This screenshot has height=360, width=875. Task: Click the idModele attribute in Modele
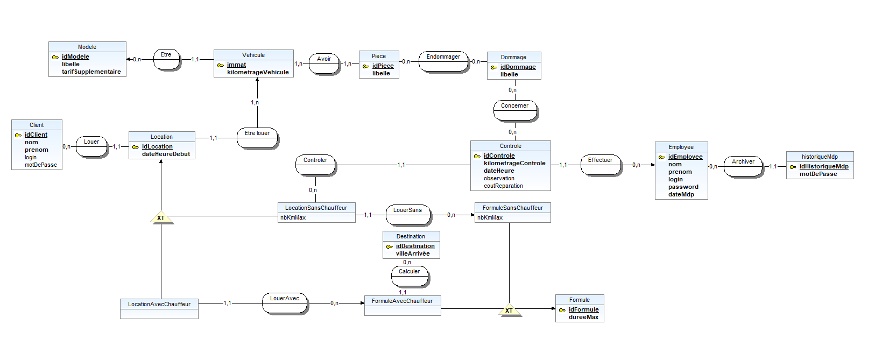[x=75, y=57]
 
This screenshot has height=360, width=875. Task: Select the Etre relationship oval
[x=167, y=59]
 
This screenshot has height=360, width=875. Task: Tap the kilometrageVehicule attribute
[x=258, y=72]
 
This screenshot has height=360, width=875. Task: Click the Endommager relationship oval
[x=444, y=62]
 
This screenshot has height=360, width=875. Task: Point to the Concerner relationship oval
[x=515, y=111]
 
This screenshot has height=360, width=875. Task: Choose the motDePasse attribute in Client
[x=40, y=165]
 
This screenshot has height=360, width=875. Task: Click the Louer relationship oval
[x=92, y=147]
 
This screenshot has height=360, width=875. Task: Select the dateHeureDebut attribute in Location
[x=166, y=154]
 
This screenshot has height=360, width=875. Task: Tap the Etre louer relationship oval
[x=258, y=138]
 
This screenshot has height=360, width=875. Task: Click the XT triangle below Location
[x=161, y=218]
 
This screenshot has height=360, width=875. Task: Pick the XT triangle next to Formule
[x=509, y=310]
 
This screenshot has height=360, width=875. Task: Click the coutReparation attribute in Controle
[x=503, y=186]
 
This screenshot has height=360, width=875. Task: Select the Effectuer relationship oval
[x=601, y=165]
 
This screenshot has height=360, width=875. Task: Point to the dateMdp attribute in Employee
[x=681, y=194]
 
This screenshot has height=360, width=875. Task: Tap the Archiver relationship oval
[x=743, y=167]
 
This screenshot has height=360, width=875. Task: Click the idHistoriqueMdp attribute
[x=824, y=166]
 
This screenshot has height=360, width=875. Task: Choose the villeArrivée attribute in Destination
[x=413, y=253]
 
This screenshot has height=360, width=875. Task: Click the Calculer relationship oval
[x=410, y=277]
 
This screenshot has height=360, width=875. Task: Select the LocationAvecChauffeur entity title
[x=159, y=304]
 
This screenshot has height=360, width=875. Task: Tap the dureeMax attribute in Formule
[x=583, y=317]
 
